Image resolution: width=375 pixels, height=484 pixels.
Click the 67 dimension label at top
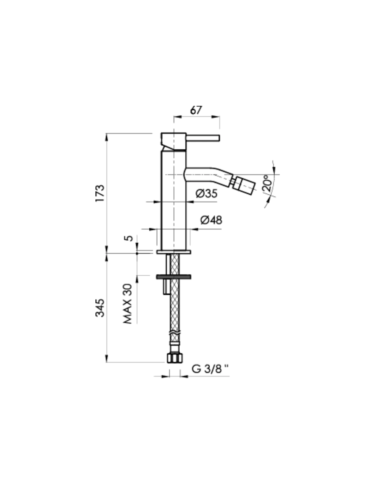(196, 110)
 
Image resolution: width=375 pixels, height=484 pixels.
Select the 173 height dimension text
(100, 193)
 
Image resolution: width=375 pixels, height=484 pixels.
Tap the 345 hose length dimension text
(100, 308)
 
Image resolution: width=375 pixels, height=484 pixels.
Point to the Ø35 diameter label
(206, 194)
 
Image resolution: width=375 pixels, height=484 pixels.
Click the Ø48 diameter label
(211, 220)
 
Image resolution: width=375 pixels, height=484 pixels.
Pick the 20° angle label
(267, 183)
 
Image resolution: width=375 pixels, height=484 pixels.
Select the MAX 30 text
(127, 304)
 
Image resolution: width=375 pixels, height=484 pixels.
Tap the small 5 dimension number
(128, 238)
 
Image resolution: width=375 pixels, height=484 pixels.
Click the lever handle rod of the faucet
(203, 138)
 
